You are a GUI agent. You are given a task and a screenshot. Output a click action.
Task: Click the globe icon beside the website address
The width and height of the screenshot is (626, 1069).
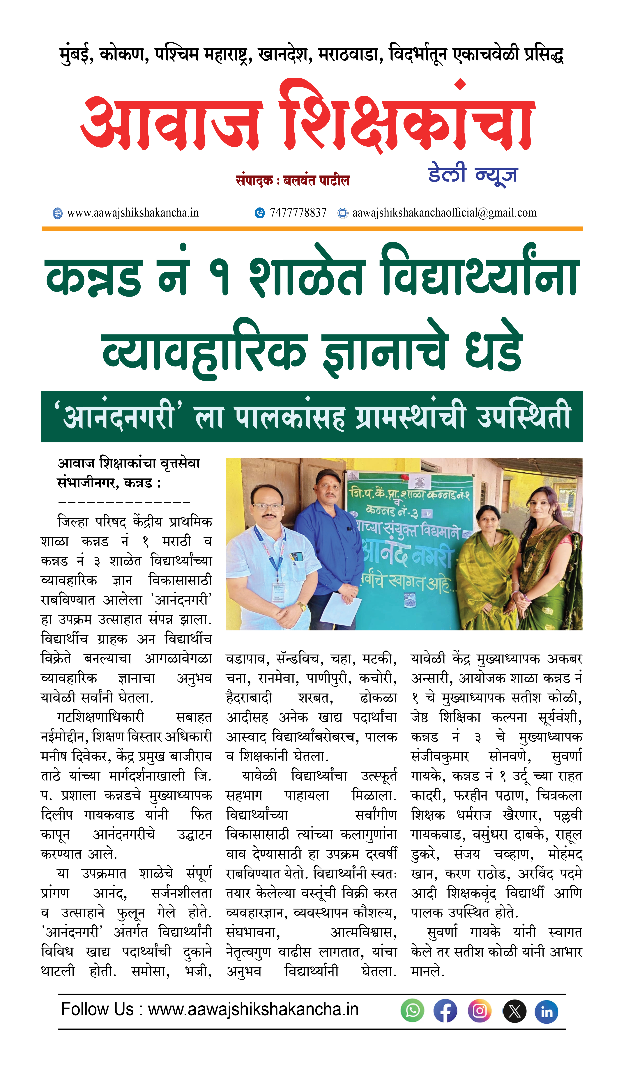(57, 213)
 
